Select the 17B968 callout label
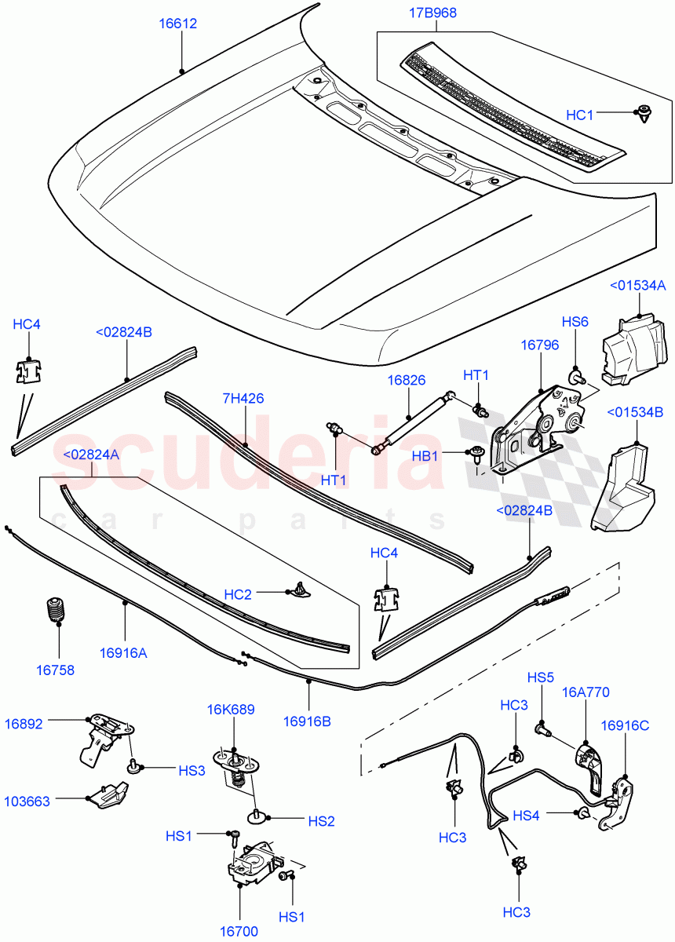(x=432, y=13)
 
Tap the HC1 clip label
(x=580, y=115)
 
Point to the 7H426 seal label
(x=242, y=398)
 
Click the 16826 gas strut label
(x=407, y=380)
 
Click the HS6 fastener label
(x=575, y=322)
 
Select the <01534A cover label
(x=637, y=286)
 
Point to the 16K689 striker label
(x=231, y=710)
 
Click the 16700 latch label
(x=239, y=932)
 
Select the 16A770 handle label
(x=586, y=692)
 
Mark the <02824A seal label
(x=91, y=454)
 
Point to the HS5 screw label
(x=541, y=677)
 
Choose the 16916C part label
(x=626, y=725)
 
